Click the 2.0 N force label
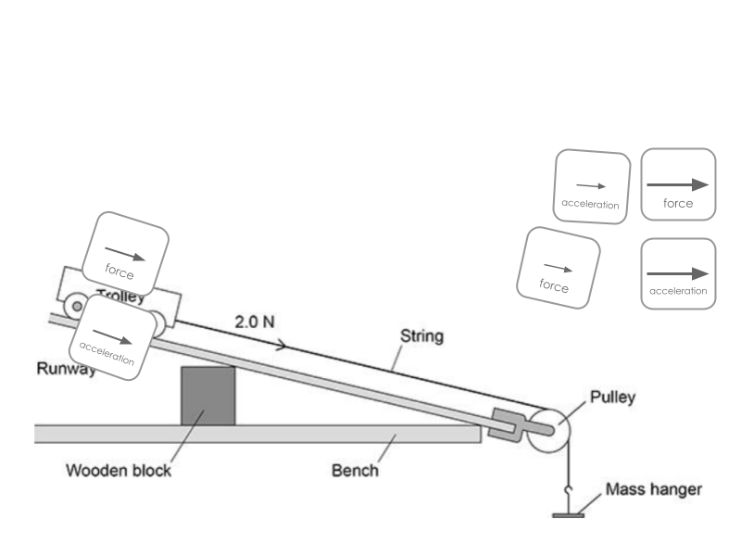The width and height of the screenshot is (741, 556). click(253, 322)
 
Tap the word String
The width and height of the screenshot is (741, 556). click(421, 335)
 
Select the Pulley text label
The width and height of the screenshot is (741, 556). click(612, 398)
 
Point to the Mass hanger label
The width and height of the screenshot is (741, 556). click(653, 488)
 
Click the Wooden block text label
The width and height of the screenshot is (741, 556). click(119, 470)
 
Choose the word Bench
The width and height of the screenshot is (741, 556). click(355, 470)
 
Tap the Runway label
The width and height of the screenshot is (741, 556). click(65, 369)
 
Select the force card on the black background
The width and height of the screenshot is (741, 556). click(678, 184)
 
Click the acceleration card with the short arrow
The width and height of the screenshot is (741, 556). click(591, 186)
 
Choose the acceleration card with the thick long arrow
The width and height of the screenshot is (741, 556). click(678, 273)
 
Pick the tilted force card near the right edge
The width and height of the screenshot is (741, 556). click(558, 266)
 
